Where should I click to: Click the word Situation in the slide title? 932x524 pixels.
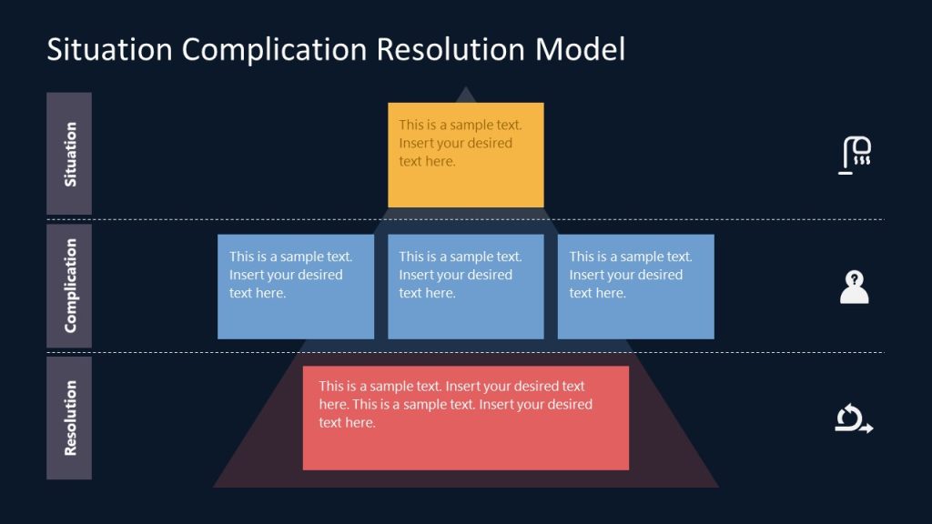point(110,49)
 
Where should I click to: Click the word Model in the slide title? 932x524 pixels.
point(579,49)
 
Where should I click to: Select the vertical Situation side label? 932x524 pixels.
point(69,154)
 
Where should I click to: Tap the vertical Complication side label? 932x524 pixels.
point(69,286)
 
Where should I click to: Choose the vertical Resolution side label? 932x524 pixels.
point(69,418)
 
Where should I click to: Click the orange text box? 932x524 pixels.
point(465,155)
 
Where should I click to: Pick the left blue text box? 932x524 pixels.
point(295,287)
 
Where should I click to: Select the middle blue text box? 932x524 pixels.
point(465,287)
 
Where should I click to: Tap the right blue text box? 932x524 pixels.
point(635,287)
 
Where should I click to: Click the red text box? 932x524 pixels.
point(465,418)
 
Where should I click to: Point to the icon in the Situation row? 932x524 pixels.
point(855,155)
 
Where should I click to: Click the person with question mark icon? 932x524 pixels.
point(854,287)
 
